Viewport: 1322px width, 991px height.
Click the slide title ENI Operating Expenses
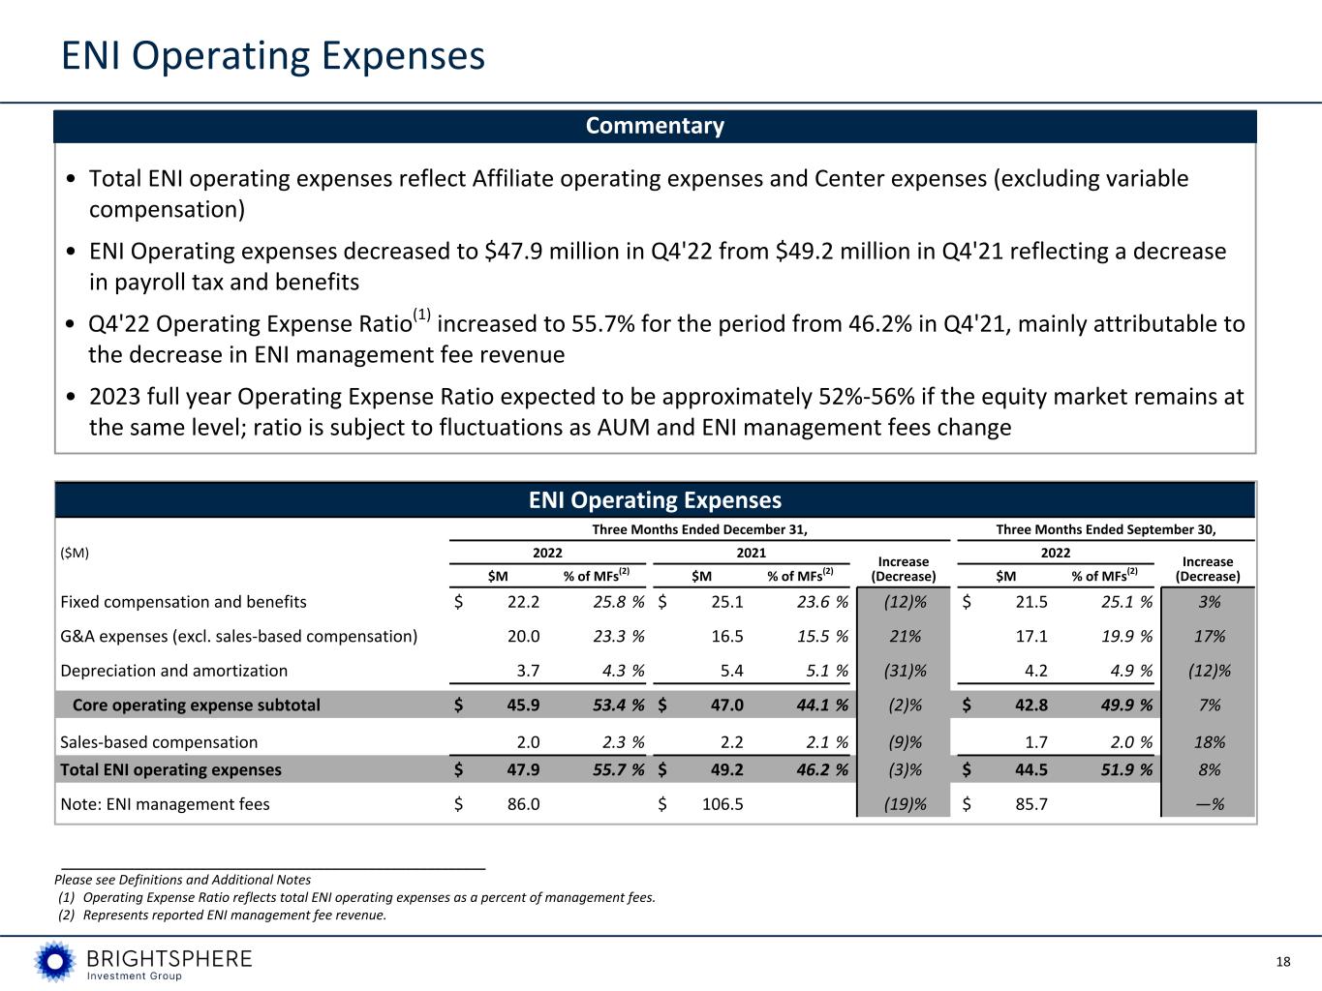click(x=273, y=56)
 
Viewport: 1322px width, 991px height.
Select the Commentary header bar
click(x=655, y=126)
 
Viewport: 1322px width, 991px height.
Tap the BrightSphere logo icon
click(x=54, y=961)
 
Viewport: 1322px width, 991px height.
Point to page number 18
click(x=1283, y=961)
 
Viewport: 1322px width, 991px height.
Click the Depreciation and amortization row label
click(x=174, y=671)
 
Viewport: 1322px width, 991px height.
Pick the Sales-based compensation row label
click(x=159, y=742)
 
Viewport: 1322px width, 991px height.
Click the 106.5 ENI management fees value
click(x=722, y=804)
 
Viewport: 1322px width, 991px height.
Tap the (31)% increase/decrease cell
click(x=904, y=671)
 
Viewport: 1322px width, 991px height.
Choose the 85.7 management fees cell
click(x=1030, y=804)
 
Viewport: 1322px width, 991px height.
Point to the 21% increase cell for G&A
click(x=904, y=636)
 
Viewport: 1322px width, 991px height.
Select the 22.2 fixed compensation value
click(x=523, y=602)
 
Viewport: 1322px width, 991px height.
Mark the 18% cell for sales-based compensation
click(x=1209, y=742)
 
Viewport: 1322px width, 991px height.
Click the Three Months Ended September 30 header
click(x=1105, y=529)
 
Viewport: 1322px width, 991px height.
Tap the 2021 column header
click(x=751, y=553)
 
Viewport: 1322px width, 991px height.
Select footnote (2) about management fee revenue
click(x=224, y=916)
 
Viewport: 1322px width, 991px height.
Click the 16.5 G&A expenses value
click(x=726, y=636)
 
